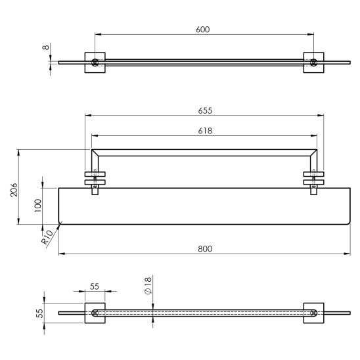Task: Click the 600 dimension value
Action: tap(203, 30)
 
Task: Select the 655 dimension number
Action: tap(205, 110)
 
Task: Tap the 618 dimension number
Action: tap(205, 131)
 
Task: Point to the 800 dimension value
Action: tap(205, 249)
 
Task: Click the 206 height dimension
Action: tap(14, 190)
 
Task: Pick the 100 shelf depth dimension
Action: tap(37, 206)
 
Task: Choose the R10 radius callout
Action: tap(47, 237)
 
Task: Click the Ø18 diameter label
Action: tap(148, 285)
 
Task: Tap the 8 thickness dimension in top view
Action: tap(46, 47)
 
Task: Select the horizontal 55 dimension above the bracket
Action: tap(95, 286)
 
